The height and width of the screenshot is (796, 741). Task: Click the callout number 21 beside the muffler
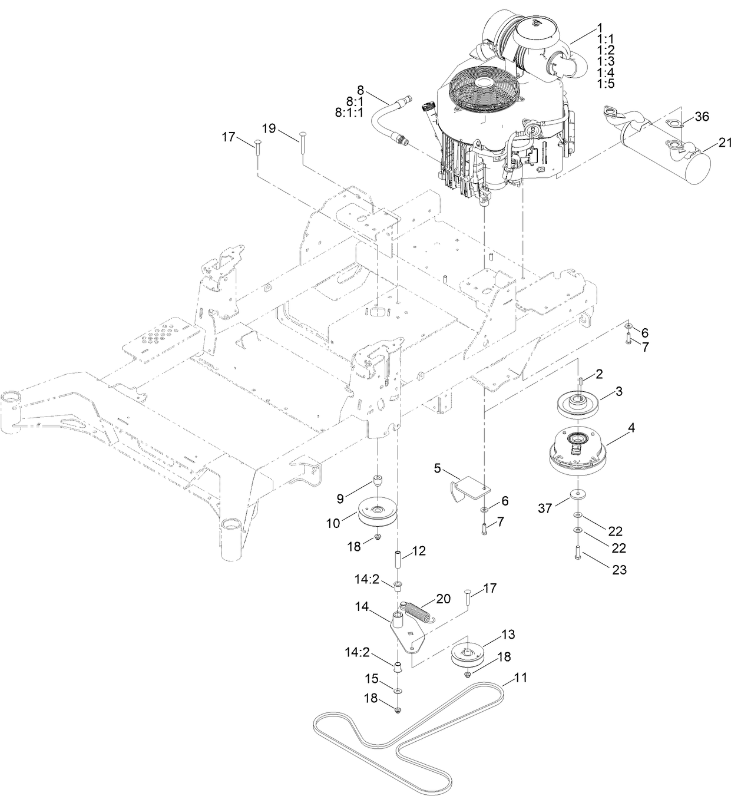[725, 143]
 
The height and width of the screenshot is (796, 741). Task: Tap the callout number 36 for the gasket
[702, 117]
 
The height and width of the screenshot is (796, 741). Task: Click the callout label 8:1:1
[349, 113]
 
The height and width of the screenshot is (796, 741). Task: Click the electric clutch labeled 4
[578, 454]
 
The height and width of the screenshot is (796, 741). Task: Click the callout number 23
[619, 570]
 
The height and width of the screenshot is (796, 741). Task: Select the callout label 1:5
[606, 83]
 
